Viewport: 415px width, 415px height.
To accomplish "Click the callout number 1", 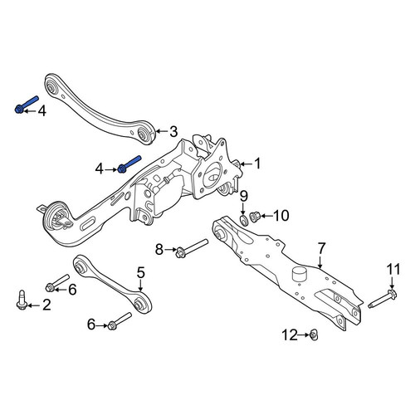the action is pos(257,164).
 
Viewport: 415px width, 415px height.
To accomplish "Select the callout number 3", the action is pos(173,132).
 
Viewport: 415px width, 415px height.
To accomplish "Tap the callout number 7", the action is pos(322,248).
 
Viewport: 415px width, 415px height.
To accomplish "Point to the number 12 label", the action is pos(290,335).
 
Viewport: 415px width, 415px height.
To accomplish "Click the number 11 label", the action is pos(393,270).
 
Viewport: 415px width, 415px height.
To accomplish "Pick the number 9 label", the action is pos(244,197).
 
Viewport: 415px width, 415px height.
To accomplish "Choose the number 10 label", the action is pos(281,216).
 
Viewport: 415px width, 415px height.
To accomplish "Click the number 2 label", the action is pos(46,305).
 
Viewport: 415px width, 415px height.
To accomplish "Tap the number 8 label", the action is pos(159,250).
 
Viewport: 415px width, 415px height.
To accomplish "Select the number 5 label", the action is pos(141,272).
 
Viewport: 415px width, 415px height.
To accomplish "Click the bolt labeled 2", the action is pos(22,300).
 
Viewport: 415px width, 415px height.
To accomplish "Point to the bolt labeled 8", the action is pos(192,248).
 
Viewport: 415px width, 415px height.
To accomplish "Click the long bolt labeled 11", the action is pos(383,299).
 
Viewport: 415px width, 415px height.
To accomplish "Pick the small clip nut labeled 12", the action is pos(313,335).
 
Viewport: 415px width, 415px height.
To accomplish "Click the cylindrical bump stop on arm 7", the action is pos(300,274).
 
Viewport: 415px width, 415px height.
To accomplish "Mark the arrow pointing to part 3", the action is pos(162,131).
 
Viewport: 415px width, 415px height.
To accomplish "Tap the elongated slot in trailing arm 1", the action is pos(87,224).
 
